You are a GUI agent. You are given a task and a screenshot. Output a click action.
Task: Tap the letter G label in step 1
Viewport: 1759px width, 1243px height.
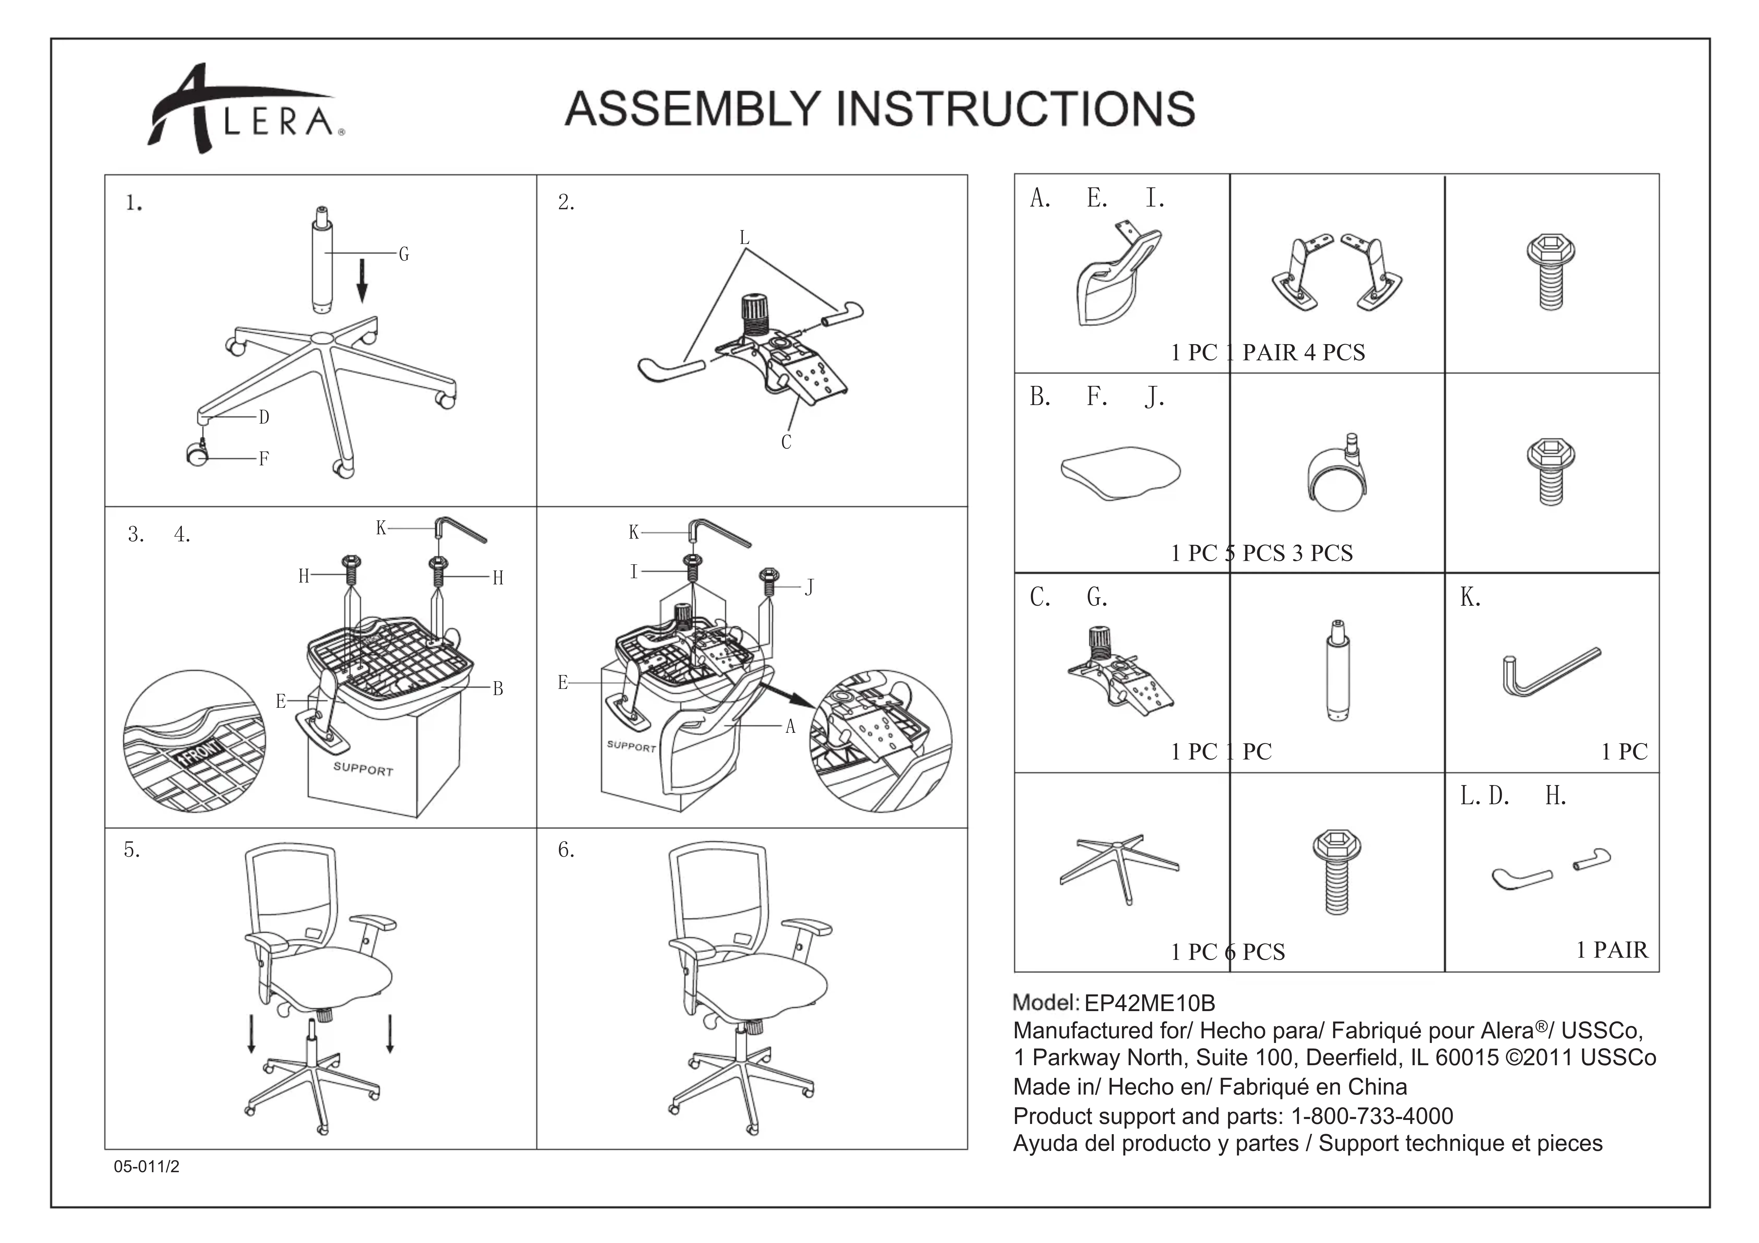[x=404, y=254]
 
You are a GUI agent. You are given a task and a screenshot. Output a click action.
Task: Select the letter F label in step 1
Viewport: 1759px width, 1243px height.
[x=263, y=459]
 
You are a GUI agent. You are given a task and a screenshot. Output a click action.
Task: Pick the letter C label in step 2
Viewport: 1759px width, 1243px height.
[x=786, y=442]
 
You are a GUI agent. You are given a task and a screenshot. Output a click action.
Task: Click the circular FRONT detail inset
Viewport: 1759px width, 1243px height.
[x=195, y=741]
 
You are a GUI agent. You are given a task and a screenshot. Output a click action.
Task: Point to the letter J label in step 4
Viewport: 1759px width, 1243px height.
[x=809, y=587]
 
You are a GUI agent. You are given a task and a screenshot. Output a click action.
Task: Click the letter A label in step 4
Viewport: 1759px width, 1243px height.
[x=791, y=726]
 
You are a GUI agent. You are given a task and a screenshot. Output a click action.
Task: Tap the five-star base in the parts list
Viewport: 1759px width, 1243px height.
[x=1119, y=868]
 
